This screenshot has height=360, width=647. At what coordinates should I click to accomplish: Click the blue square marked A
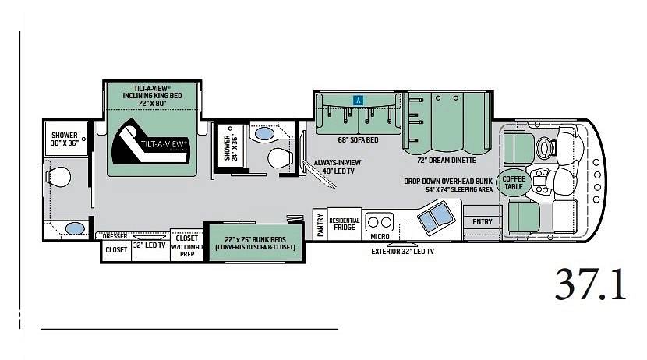click(358, 100)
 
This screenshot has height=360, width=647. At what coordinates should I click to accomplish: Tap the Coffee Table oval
click(514, 182)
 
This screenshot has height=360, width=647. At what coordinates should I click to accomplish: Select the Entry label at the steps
click(483, 222)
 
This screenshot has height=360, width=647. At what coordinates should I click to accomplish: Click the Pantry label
click(320, 224)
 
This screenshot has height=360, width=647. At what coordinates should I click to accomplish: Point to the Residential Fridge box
click(344, 224)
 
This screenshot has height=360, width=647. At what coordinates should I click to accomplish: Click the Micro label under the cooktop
click(380, 236)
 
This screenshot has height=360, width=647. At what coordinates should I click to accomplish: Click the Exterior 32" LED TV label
click(402, 251)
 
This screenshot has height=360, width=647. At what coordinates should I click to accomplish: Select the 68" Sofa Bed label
click(358, 140)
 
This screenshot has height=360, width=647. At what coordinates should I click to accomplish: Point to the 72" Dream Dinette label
click(446, 161)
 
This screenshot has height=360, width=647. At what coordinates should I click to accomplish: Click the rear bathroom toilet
click(58, 177)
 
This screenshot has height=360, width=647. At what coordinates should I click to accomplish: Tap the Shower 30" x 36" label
click(65, 139)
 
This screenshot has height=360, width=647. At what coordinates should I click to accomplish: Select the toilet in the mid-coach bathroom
click(280, 158)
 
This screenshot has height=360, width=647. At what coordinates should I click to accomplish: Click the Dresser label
click(115, 236)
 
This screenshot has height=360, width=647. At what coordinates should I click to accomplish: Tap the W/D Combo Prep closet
click(187, 245)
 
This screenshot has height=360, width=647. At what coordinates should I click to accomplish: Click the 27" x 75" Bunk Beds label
click(255, 243)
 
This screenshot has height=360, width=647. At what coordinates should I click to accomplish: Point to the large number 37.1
click(590, 284)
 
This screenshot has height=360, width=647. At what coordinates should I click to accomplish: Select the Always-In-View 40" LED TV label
click(338, 167)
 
